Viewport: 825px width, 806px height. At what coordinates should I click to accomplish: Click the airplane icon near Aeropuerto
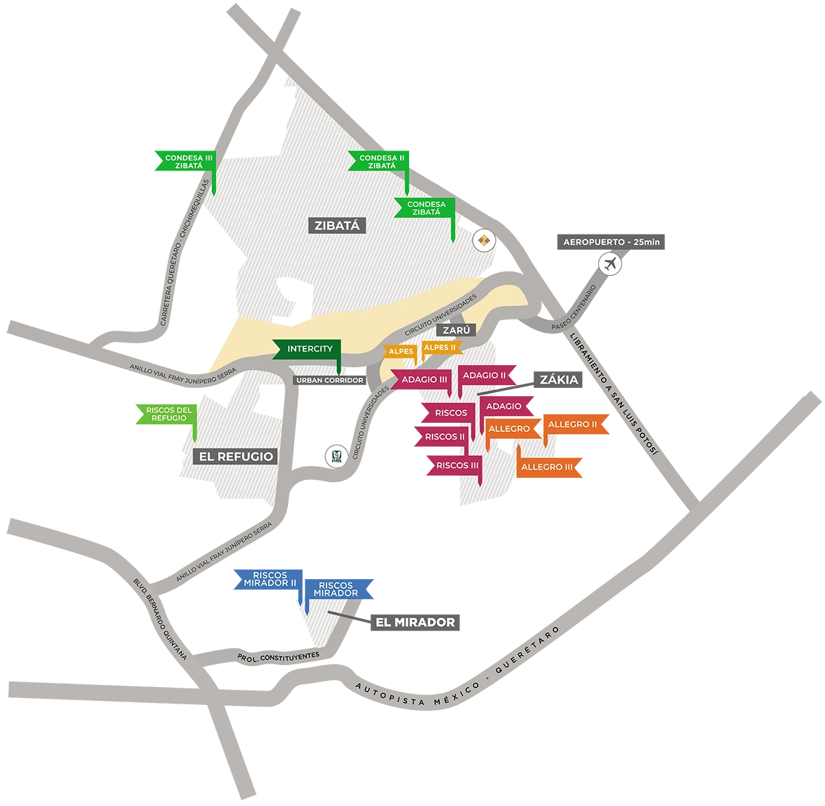coord(609,263)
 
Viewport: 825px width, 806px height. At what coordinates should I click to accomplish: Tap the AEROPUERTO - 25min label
coord(610,242)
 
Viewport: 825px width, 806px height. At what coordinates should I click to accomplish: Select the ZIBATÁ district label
coord(337,225)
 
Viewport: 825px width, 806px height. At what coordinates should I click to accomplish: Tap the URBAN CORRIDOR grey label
coord(329,380)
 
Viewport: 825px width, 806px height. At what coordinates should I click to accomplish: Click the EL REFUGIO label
coord(236,456)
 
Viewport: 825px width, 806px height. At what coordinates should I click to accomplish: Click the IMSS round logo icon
coord(336,457)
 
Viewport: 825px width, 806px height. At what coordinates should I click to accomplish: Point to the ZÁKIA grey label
coord(558,380)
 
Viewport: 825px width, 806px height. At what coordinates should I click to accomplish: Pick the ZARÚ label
coord(456,330)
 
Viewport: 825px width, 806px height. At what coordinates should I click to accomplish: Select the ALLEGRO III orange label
coord(547,467)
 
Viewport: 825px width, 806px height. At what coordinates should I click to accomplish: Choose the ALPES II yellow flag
coord(440,348)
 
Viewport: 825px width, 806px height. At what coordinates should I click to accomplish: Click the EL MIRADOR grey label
coord(415,622)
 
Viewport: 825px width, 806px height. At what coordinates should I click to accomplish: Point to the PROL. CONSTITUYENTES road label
coord(278,657)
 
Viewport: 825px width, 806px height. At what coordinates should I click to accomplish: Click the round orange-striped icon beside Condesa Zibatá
coord(485,240)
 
